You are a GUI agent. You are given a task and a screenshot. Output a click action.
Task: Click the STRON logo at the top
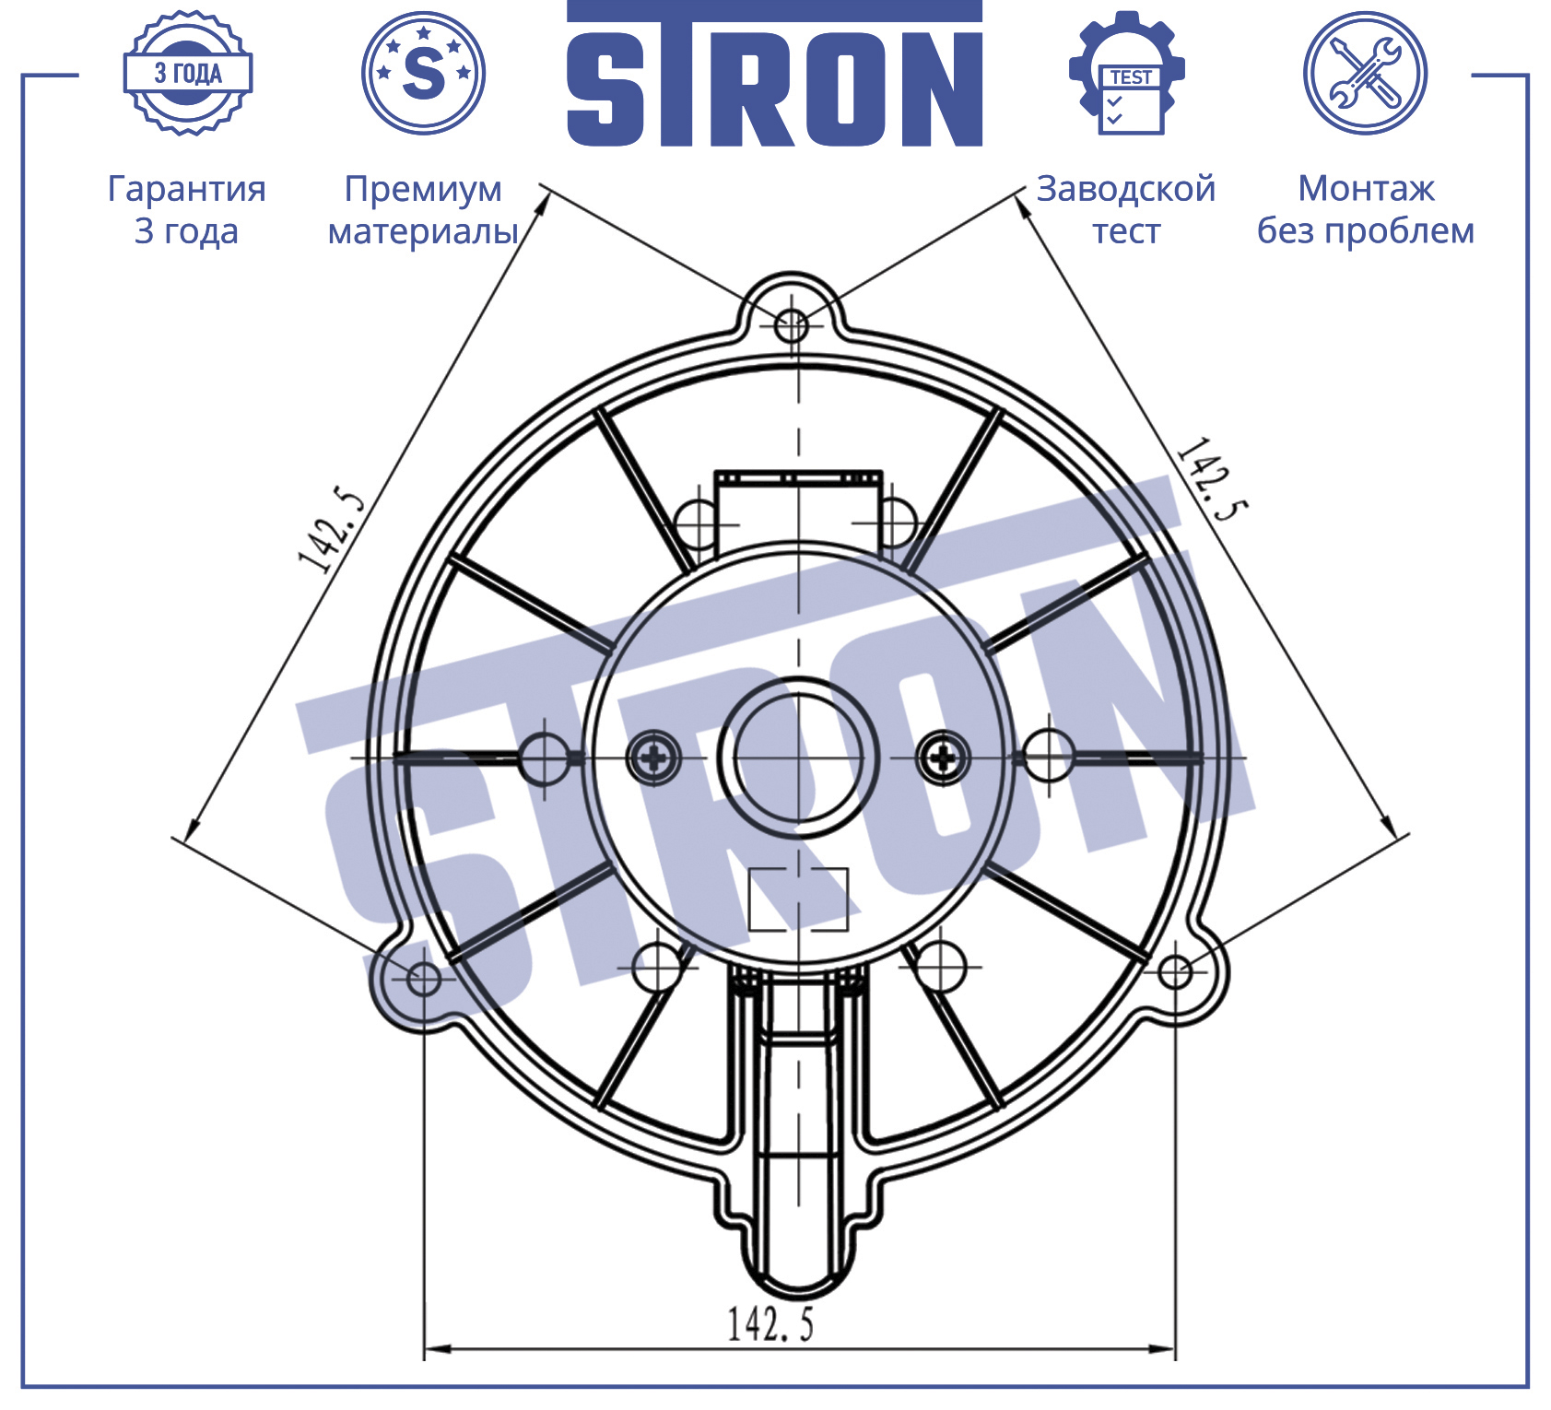tap(774, 74)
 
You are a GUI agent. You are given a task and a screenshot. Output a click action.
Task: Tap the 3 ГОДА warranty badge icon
tap(188, 73)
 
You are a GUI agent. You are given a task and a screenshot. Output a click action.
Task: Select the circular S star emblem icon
tap(424, 73)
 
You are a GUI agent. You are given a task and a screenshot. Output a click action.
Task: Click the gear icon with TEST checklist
tap(1127, 73)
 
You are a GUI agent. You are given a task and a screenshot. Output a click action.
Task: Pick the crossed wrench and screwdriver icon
tap(1365, 73)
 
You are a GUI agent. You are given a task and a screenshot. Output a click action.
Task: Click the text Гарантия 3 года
tap(187, 209)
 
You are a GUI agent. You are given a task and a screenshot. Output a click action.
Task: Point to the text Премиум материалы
tap(423, 210)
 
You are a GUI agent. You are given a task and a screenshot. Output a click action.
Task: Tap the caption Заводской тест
tap(1126, 209)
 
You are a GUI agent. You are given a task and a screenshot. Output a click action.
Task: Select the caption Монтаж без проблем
tap(1366, 209)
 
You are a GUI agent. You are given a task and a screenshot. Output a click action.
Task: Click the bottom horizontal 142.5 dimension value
tap(770, 1324)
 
